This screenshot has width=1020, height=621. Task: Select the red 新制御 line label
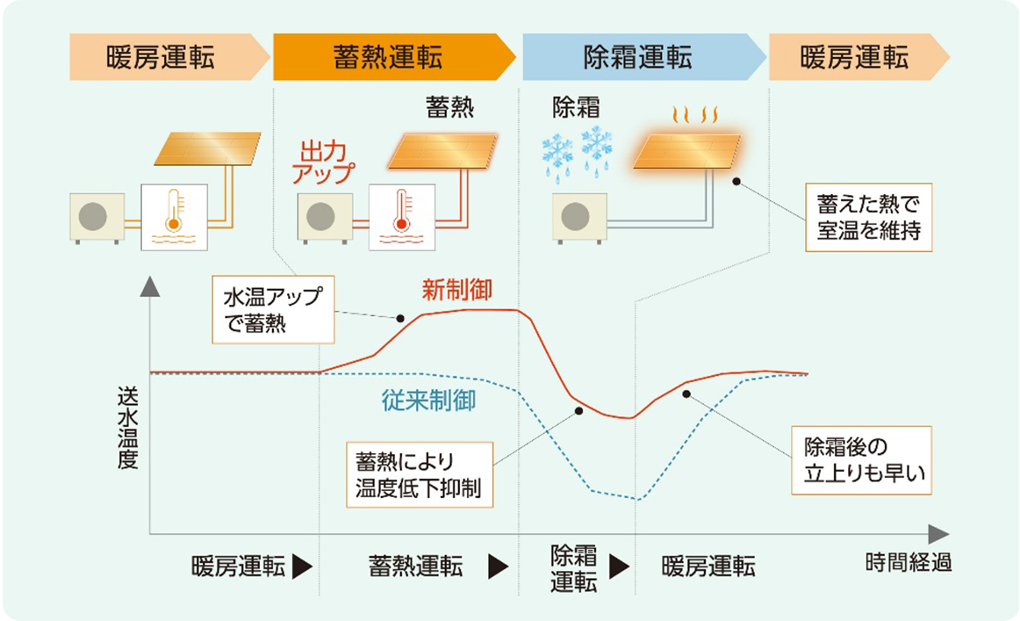point(456,289)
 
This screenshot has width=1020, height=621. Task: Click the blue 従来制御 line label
point(428,401)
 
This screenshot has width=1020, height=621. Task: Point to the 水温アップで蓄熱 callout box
point(273,309)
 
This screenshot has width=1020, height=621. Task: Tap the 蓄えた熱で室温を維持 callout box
point(868,218)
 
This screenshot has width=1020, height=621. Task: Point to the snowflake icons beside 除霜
point(577,150)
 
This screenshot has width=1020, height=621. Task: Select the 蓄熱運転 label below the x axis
point(415,567)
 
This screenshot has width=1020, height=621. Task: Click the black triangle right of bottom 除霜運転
point(620,567)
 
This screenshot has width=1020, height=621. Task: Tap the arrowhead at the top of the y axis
point(150,285)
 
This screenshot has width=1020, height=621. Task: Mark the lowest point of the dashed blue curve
point(638,500)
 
